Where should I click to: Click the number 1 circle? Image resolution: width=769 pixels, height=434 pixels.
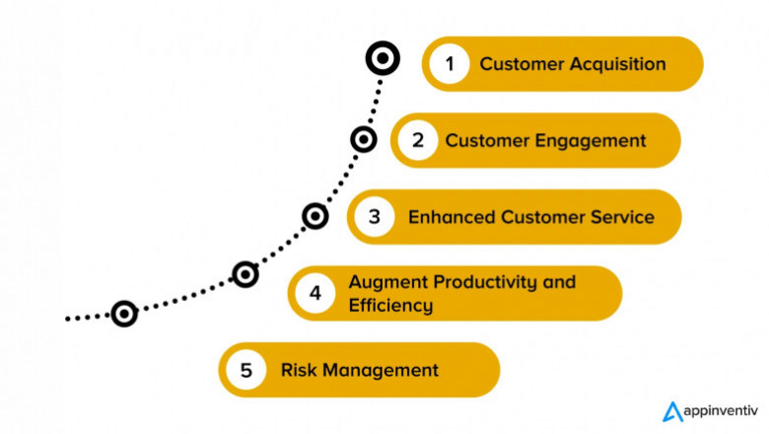click(x=450, y=64)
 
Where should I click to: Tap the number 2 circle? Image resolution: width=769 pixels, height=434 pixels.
click(x=418, y=140)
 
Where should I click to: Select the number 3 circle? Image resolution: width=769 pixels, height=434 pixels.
click(x=375, y=216)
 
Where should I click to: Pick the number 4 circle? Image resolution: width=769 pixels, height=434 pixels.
click(x=315, y=293)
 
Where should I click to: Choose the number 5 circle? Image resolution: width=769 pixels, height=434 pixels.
click(x=246, y=370)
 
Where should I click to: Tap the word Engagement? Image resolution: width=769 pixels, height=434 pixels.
click(x=591, y=140)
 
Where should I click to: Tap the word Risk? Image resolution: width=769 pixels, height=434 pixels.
click(x=296, y=371)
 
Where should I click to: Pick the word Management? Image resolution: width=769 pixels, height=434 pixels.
click(x=378, y=371)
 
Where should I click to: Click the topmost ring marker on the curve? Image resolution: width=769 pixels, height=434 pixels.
click(x=382, y=59)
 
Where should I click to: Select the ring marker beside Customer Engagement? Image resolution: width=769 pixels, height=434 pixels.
click(x=364, y=139)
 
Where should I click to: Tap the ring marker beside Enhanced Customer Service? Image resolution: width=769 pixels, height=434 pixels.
click(x=315, y=215)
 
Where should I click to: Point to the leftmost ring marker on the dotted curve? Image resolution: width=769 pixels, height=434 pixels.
click(x=123, y=314)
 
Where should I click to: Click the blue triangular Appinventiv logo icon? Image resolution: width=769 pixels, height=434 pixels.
click(x=671, y=411)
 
